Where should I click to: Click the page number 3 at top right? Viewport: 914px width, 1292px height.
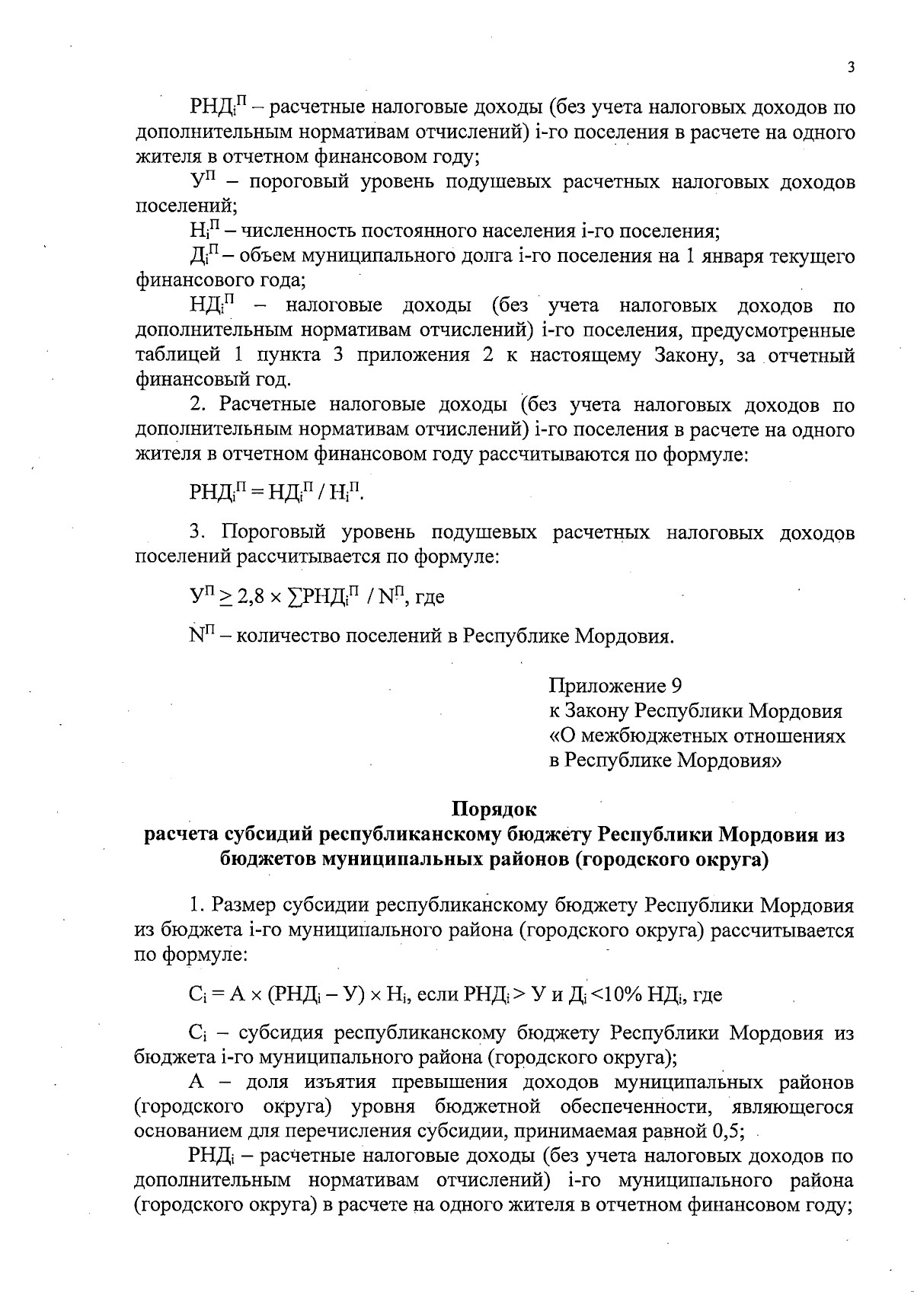(852, 67)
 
